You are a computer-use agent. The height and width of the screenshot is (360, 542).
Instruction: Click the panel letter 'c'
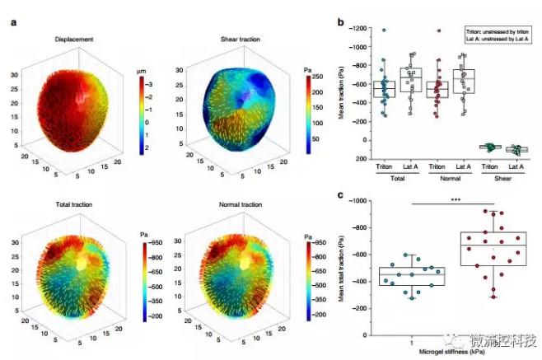pyautogui.click(x=340, y=194)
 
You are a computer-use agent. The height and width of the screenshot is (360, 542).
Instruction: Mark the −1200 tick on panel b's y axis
pyautogui.click(x=359, y=29)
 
